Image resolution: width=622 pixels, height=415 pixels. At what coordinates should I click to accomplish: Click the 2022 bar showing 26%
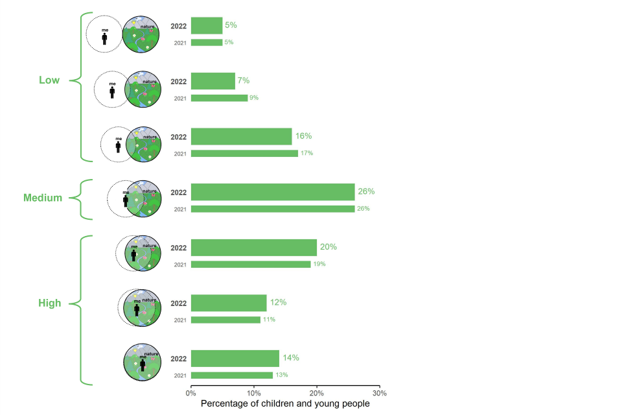point(273,192)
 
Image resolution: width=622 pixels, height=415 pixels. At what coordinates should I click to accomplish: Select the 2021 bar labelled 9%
point(219,98)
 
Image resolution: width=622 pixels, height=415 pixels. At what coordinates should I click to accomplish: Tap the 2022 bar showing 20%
point(254,247)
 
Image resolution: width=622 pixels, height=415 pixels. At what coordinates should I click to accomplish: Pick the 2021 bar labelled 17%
point(244,154)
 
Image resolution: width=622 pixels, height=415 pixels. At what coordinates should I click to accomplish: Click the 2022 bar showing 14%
point(235,358)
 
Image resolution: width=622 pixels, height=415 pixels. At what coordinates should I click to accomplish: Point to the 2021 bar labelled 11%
point(225,320)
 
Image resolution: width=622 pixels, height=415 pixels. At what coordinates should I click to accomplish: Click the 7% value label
point(244,80)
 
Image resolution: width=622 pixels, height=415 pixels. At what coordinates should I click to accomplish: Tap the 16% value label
point(303,136)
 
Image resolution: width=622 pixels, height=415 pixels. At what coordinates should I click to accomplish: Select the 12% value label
point(278,302)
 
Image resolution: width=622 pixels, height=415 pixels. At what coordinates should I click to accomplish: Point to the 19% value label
point(319,264)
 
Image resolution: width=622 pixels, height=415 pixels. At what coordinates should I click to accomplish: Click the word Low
point(49,80)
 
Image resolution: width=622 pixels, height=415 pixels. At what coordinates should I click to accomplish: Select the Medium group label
point(43,198)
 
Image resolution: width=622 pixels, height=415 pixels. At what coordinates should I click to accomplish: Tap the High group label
point(49,303)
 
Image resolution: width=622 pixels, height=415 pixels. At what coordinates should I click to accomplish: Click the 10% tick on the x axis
point(254,393)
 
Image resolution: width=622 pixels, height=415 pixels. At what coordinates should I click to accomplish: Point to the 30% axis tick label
point(380,393)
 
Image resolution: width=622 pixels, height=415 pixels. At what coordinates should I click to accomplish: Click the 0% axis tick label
point(191,393)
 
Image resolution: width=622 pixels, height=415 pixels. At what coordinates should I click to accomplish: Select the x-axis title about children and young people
point(285,403)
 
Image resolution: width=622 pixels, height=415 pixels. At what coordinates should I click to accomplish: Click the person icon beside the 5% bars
point(104,38)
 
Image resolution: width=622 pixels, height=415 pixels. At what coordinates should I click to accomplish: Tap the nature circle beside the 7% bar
point(143,89)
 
